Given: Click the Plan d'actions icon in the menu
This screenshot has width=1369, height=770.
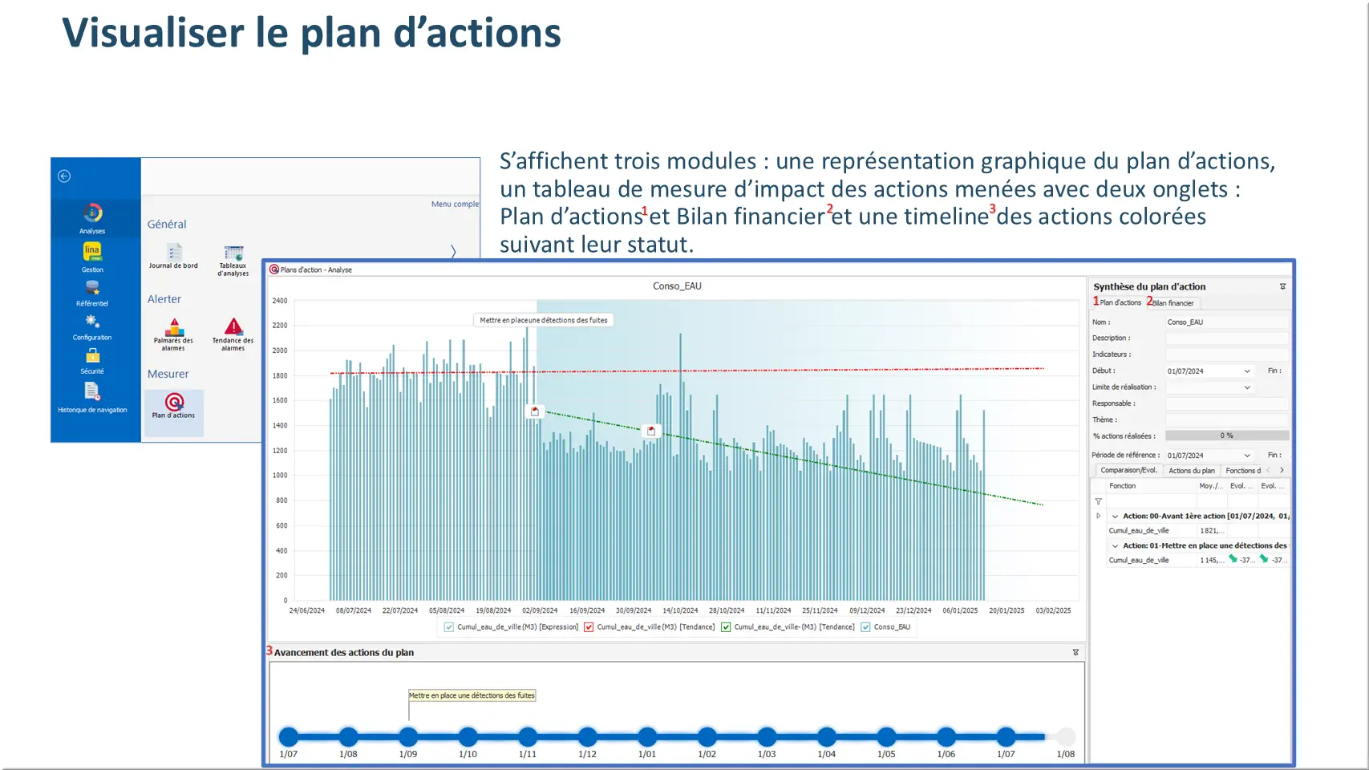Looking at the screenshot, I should [x=174, y=402].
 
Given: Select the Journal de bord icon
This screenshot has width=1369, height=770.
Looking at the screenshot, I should [x=174, y=252].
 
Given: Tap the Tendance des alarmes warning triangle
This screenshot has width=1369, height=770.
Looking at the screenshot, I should [x=233, y=326].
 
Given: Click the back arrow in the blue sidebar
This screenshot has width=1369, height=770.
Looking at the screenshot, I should [x=64, y=176].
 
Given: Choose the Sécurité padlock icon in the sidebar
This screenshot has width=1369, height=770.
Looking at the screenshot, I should [x=92, y=355].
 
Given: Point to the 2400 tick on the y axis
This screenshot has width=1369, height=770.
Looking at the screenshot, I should [x=280, y=301].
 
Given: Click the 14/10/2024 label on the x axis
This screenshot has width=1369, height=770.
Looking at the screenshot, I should [x=680, y=610].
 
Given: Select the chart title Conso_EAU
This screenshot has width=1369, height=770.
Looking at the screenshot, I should [x=677, y=286].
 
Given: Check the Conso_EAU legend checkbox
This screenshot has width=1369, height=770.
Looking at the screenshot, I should [x=865, y=627].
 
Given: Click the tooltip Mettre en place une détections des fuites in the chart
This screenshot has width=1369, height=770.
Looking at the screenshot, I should [x=544, y=320].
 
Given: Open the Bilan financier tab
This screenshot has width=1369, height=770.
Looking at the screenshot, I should [x=1173, y=303].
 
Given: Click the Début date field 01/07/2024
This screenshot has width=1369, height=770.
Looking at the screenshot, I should [x=1203, y=371].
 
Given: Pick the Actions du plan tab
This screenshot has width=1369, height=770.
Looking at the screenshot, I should [x=1191, y=471].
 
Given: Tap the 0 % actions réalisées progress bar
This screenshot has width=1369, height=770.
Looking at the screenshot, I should [x=1226, y=436].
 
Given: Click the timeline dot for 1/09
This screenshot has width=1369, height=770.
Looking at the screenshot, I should [x=408, y=736].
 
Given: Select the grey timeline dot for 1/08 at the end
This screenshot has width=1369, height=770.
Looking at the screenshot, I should [x=1065, y=736].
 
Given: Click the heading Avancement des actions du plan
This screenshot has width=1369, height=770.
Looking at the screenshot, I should [x=344, y=653].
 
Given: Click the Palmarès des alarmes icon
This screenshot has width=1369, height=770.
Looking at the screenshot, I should [x=174, y=327].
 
